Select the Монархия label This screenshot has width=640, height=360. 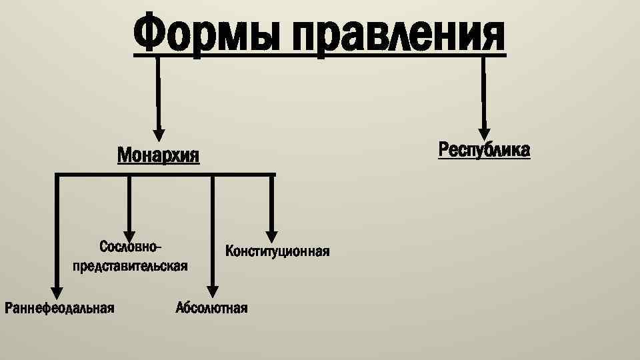[158, 155]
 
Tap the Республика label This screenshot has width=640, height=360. [485, 150]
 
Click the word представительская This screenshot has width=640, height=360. [129, 265]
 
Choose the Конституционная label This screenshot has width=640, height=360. [277, 251]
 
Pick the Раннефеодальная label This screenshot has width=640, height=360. [59, 308]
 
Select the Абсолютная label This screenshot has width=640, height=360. [211, 308]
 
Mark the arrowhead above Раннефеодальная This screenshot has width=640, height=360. [57, 291]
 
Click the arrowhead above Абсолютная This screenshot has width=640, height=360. [212, 291]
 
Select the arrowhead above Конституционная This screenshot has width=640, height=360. [271, 235]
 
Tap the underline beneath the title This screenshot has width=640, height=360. [320, 57]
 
